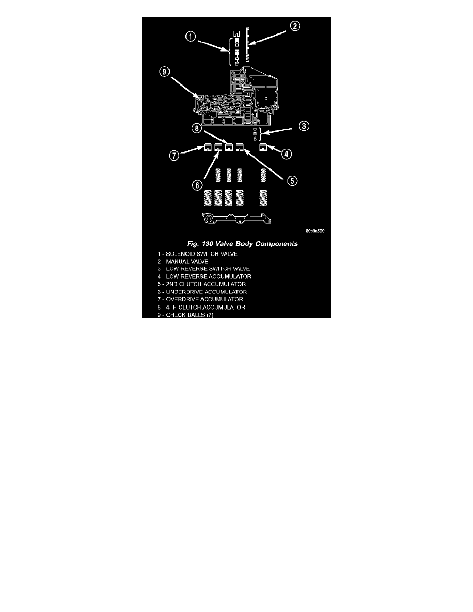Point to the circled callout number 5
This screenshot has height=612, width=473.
point(292,180)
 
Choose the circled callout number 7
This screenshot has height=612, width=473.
point(175,154)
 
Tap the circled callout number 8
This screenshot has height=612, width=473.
point(198,128)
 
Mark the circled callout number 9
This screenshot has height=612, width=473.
point(163,72)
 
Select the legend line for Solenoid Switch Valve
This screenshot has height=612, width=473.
point(190,254)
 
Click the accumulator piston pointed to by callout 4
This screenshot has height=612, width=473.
point(263,147)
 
